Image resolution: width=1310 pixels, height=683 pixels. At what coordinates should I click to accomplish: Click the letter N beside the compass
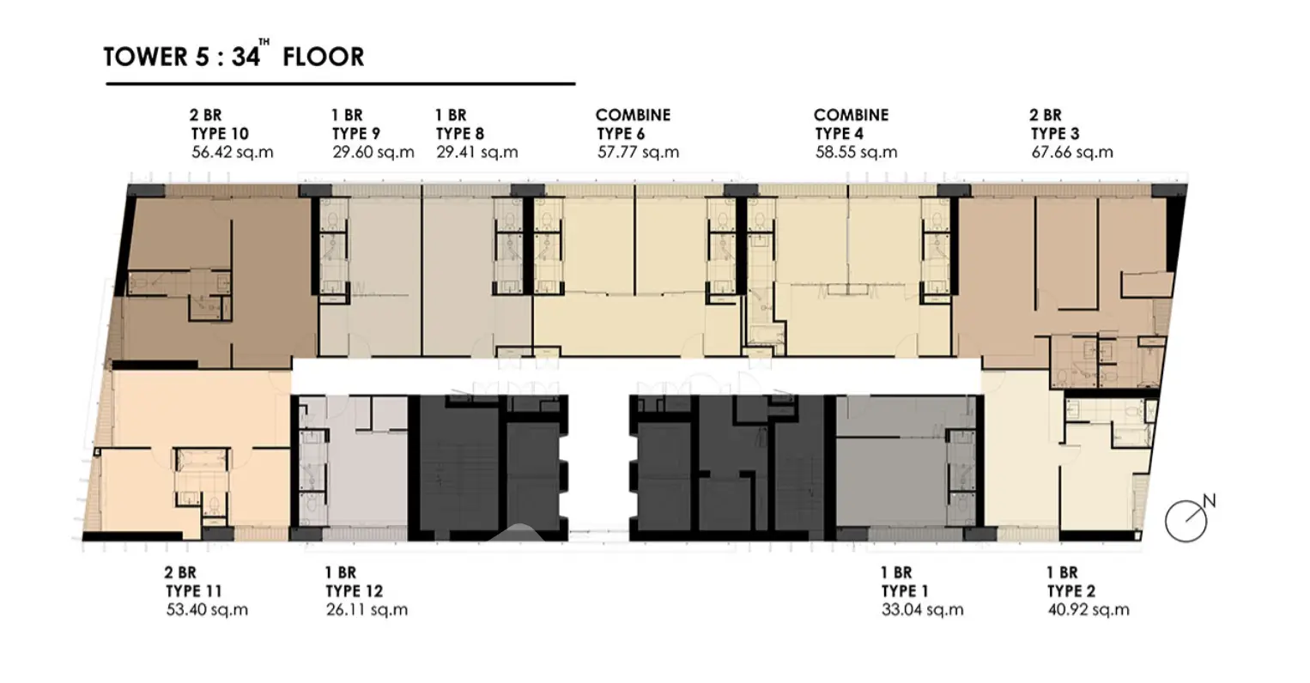click(1209, 501)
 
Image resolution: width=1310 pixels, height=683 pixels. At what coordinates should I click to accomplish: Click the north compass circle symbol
click(1186, 521)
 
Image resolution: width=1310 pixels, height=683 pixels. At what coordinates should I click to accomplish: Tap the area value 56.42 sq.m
click(232, 153)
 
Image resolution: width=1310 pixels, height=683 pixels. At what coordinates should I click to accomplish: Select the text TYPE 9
click(355, 134)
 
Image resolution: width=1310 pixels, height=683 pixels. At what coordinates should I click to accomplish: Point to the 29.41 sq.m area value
click(476, 153)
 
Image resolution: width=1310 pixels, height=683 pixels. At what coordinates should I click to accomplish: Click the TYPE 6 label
click(621, 134)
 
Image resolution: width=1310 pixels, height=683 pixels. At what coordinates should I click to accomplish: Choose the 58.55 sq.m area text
click(856, 153)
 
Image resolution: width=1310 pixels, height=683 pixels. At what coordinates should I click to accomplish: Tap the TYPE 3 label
click(1055, 134)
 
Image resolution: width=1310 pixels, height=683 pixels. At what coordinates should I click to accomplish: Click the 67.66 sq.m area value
click(1072, 153)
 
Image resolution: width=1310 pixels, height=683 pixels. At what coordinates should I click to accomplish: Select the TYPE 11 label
click(193, 591)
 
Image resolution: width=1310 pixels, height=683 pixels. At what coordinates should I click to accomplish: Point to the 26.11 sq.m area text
click(367, 610)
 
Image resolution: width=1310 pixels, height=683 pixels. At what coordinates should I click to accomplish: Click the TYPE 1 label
click(905, 591)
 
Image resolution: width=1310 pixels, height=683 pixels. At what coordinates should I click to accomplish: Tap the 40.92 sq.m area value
click(1089, 610)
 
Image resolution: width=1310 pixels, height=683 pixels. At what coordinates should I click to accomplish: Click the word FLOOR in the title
click(324, 57)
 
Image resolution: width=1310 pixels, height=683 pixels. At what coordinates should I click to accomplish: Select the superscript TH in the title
click(264, 42)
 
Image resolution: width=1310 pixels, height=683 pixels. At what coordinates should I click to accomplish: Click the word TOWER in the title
click(145, 57)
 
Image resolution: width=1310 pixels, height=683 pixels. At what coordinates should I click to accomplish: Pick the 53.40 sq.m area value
click(207, 610)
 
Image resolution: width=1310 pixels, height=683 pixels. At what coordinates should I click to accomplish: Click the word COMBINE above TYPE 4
click(851, 115)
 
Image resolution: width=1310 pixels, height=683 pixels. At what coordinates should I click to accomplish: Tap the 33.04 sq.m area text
click(922, 610)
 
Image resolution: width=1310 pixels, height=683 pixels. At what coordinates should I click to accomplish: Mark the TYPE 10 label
click(220, 134)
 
